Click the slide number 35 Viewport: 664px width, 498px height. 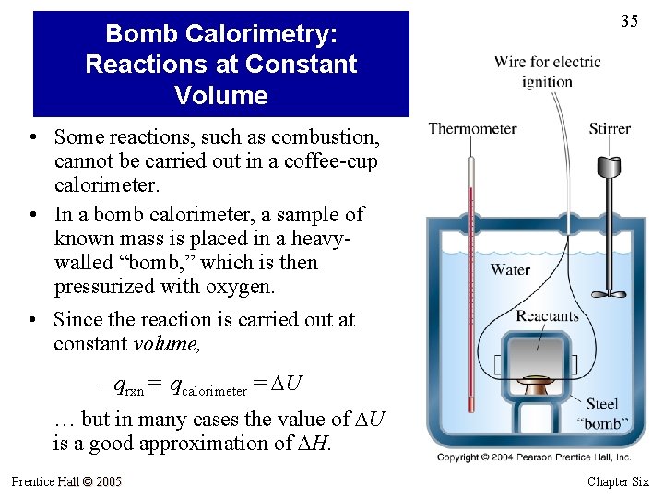coord(629,21)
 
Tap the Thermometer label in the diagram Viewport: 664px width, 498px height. coord(473,129)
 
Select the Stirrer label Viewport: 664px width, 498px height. coord(610,129)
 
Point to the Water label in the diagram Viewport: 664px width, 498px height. coord(510,269)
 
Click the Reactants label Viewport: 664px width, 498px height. coord(548,316)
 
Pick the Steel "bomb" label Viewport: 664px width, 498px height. coord(603,413)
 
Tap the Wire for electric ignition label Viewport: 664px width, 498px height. coord(548,71)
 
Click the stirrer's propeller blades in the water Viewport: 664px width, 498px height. coord(609,294)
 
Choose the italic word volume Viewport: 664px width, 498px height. coord(166,344)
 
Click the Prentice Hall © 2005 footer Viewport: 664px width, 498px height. coord(66,481)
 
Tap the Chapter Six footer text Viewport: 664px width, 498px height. coord(618,481)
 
